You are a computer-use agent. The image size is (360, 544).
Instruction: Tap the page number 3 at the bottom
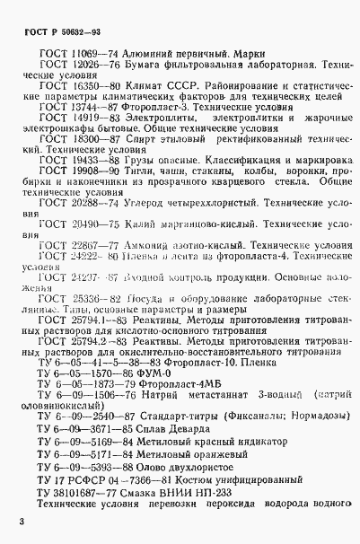tap(20, 522)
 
